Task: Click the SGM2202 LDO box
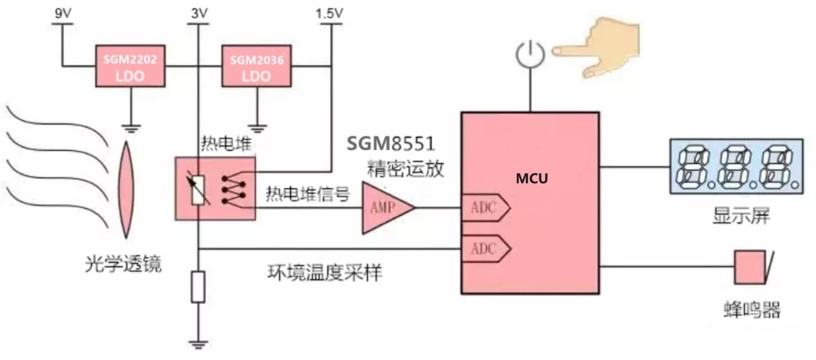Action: coord(130,67)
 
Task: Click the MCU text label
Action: coord(532,179)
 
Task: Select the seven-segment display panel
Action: coord(736,166)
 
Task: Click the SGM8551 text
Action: coord(391,144)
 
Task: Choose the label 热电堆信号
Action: coord(308,194)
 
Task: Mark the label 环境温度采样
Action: coord(324,273)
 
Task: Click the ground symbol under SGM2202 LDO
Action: coord(130,129)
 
